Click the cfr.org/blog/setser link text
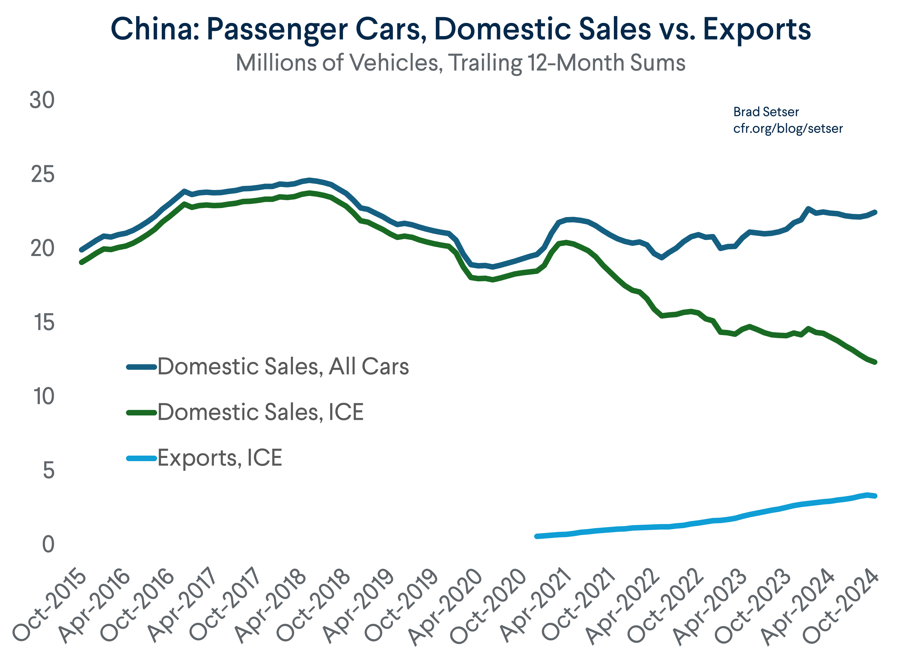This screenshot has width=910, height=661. (x=788, y=128)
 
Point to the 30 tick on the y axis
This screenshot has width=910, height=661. (x=42, y=100)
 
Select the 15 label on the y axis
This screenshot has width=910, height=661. (x=43, y=323)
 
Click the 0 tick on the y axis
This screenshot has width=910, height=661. (x=48, y=545)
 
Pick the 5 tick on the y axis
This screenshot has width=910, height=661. (x=49, y=470)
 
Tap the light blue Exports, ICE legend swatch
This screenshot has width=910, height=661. (x=141, y=458)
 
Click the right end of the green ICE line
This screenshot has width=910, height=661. (x=875, y=362)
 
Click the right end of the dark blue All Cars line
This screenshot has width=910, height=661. (x=875, y=212)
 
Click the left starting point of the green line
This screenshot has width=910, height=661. (x=81, y=262)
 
